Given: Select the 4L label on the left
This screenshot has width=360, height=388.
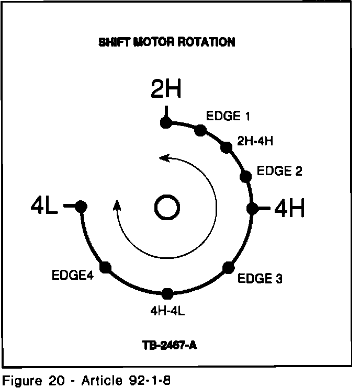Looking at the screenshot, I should coord(44,206).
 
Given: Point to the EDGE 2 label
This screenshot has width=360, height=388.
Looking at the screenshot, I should coord(279,171).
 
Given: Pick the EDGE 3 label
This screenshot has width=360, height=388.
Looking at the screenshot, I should coord(260,279).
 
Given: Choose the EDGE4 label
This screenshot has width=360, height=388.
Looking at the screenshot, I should coord(72,275).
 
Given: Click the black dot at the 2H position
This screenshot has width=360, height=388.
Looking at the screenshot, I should coord(166,123).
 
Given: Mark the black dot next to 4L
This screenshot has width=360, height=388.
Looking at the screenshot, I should coord(81,206).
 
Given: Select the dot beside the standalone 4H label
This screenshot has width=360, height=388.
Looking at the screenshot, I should coord(252,208).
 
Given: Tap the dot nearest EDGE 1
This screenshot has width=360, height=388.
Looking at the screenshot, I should coord(200,130).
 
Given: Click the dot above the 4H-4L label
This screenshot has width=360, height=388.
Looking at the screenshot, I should coord(167,293).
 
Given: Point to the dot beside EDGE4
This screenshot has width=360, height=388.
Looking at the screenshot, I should coord(106,267).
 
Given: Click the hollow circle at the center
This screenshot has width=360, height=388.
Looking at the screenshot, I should coord(167,208).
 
